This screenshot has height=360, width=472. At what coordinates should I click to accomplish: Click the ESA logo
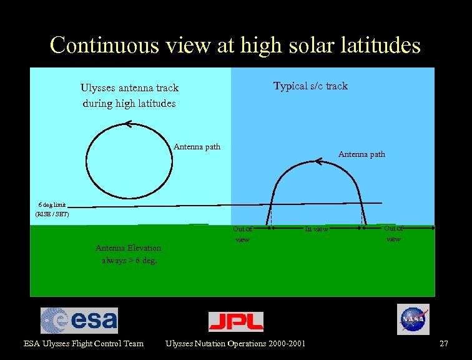pyautogui.click(x=79, y=320)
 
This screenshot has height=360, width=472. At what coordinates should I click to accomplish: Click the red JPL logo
pyautogui.click(x=235, y=321)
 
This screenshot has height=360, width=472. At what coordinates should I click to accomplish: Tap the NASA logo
pyautogui.click(x=413, y=319)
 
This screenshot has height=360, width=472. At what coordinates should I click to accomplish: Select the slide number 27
pyautogui.click(x=444, y=343)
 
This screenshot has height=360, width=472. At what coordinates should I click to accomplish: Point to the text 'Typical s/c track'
pyautogui.click(x=310, y=86)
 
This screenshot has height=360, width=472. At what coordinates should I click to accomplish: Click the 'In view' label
pyautogui.click(x=316, y=229)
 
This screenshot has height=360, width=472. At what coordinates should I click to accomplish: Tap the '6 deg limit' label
pyautogui.click(x=52, y=204)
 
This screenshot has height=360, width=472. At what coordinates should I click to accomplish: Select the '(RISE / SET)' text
pyautogui.click(x=52, y=214)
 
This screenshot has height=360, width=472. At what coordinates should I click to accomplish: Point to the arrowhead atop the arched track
pyautogui.click(x=318, y=162)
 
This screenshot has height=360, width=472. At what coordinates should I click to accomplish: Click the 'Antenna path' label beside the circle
pyautogui.click(x=197, y=147)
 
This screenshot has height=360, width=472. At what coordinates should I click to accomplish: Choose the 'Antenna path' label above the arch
pyautogui.click(x=361, y=154)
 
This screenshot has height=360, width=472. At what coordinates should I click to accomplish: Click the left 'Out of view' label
pyautogui.click(x=242, y=234)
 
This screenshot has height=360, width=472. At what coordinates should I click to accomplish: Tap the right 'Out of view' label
pyautogui.click(x=393, y=233)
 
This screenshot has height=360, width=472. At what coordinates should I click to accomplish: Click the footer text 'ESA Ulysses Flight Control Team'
pyautogui.click(x=84, y=343)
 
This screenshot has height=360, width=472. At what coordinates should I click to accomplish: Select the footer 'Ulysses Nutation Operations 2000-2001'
pyautogui.click(x=235, y=343)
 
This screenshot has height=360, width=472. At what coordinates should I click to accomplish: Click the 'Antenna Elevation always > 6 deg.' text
pyautogui.click(x=129, y=254)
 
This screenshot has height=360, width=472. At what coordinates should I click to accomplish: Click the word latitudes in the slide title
pyautogui.click(x=376, y=45)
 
